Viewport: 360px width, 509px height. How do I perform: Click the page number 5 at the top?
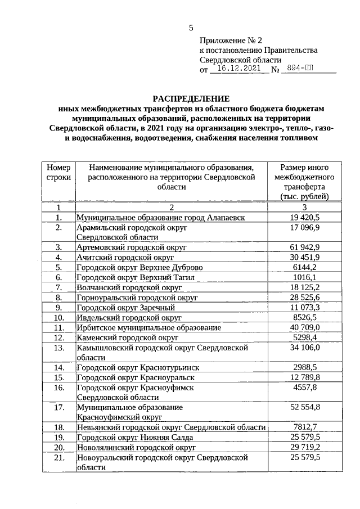191,28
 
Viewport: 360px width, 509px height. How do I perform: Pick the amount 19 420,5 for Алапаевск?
304,217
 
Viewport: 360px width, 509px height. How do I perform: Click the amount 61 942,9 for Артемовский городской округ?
304,247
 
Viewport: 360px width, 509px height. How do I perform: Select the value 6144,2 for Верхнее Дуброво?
304,267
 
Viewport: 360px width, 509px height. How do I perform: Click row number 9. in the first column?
58,308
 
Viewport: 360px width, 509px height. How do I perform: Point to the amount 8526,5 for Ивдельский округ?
304,317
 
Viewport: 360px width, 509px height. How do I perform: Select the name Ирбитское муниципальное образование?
148,327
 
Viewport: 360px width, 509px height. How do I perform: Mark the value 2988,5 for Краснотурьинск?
304,367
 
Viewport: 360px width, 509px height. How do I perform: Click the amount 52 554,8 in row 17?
304,407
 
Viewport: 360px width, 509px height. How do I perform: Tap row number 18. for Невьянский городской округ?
58,427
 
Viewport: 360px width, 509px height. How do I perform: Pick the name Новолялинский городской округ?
136,447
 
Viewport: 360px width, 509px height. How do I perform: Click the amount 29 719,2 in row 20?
304,447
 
